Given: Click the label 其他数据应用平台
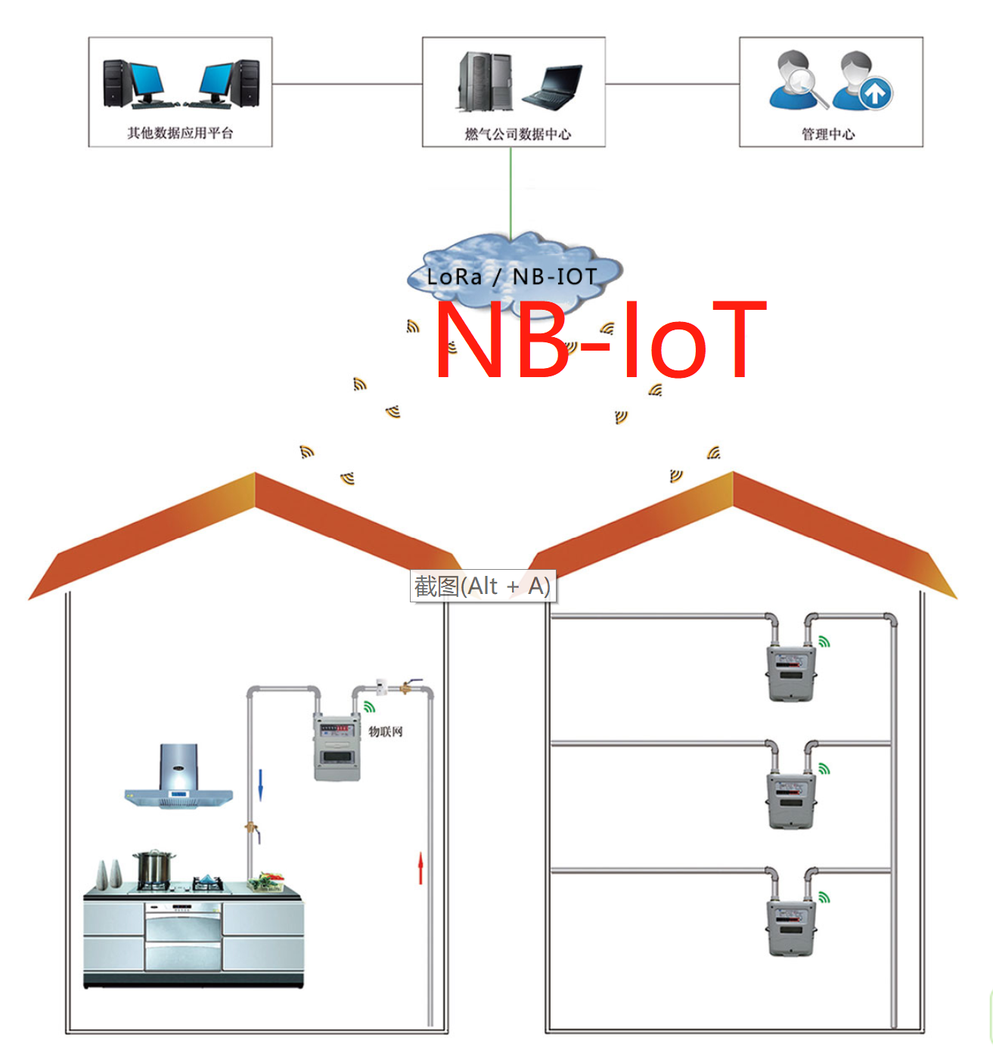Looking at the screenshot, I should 180,133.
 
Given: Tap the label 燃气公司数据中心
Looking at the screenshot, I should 517,134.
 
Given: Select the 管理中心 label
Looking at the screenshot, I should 828,134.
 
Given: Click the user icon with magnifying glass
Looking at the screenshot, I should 796,80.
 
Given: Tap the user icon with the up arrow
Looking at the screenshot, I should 863,82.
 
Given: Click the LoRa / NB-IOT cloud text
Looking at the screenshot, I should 512,277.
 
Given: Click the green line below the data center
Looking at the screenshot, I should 510,193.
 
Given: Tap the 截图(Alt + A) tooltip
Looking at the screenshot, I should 483,586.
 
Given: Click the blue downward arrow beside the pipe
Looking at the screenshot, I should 260,784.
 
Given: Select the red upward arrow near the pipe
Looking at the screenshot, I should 420,868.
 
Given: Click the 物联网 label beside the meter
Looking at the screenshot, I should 386,732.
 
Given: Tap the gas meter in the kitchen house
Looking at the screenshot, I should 337,747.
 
